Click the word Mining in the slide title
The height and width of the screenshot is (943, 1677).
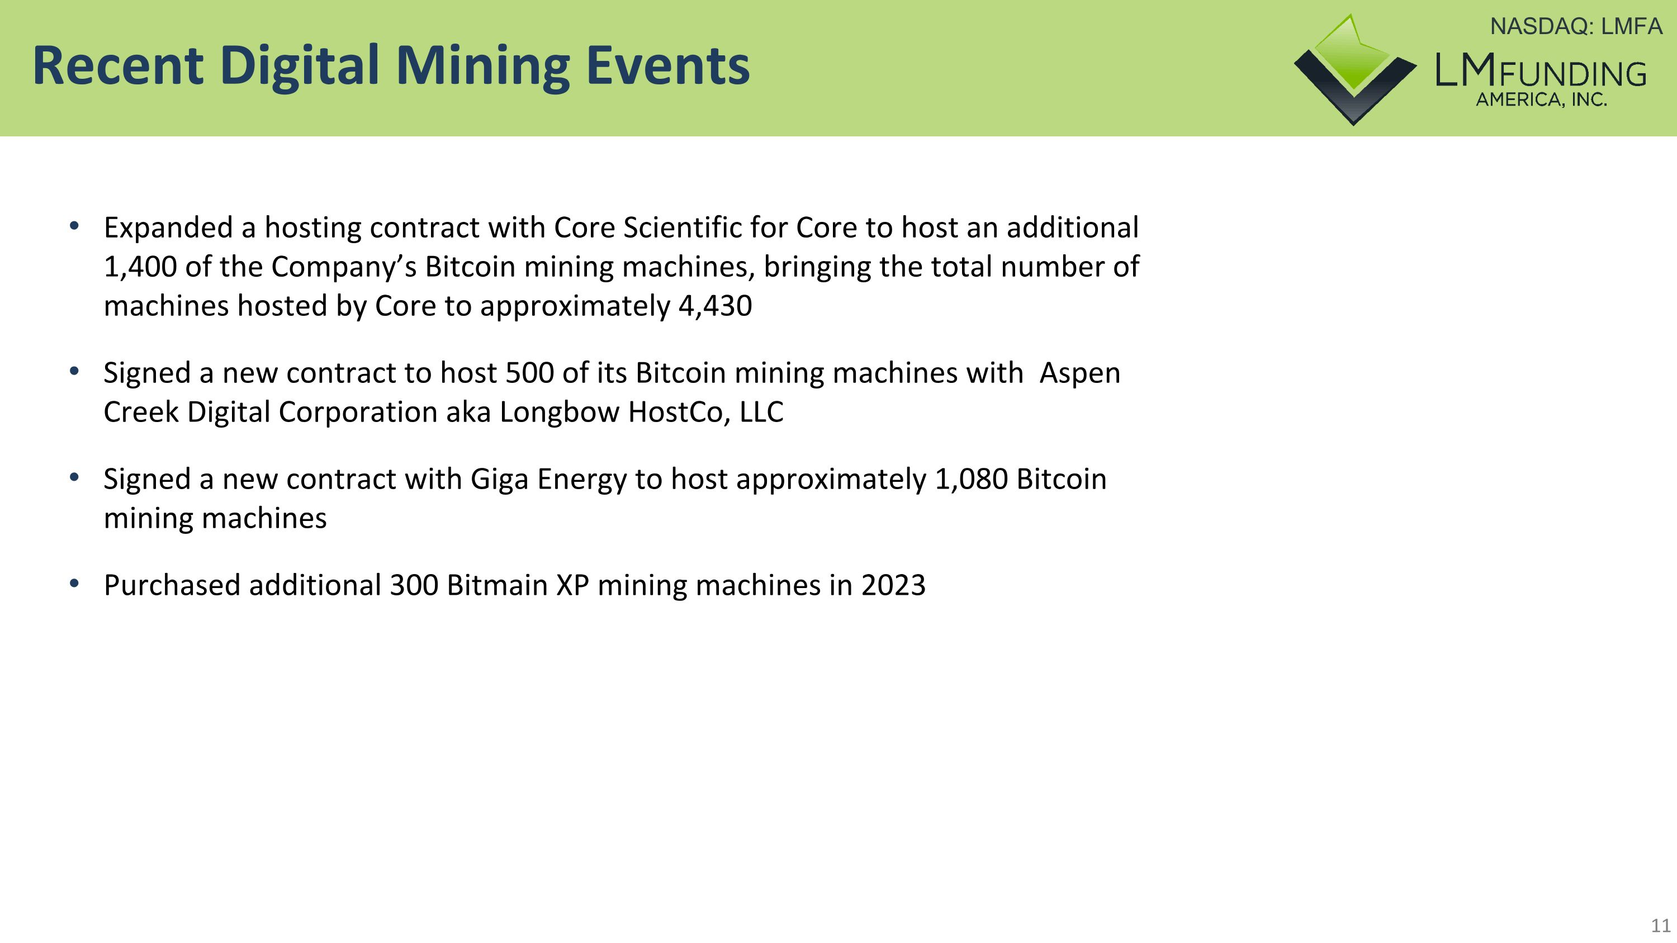tap(482, 66)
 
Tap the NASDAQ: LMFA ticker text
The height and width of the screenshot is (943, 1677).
tap(1575, 27)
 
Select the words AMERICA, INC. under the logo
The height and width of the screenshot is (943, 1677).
tap(1541, 99)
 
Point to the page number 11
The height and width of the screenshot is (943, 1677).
tap(1661, 926)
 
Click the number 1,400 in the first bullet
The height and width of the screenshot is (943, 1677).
tap(140, 267)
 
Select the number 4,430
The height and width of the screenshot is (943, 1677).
tap(715, 306)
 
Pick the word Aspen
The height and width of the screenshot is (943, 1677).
tap(1079, 373)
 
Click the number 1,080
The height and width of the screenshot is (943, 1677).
tap(970, 479)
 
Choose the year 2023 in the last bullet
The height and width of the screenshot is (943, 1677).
tap(893, 585)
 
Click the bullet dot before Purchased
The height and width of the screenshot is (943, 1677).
tap(74, 583)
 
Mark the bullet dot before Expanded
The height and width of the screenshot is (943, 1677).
tap(74, 226)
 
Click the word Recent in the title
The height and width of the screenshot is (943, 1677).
tap(117, 66)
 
